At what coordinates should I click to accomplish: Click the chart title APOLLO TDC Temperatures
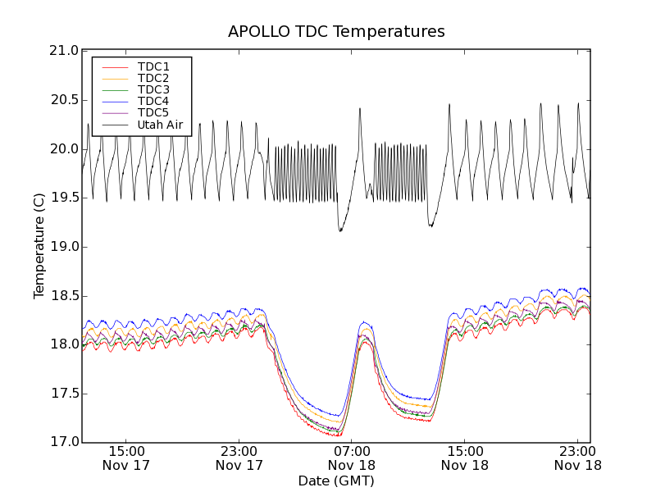[336, 32]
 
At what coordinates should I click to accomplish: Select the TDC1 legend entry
[153, 66]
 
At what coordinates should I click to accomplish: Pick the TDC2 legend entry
[153, 78]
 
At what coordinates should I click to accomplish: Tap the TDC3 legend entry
[153, 89]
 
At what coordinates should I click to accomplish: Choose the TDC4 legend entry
[153, 101]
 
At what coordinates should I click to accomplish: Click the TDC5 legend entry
[153, 112]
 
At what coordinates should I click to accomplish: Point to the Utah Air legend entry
[160, 125]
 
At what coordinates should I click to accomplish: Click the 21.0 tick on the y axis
[64, 51]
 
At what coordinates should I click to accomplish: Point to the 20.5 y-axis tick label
[64, 100]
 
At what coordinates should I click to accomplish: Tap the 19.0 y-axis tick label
[64, 247]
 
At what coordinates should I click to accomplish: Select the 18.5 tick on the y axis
[64, 296]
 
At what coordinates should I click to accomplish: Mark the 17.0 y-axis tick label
[64, 443]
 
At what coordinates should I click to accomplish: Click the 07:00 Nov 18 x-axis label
[352, 458]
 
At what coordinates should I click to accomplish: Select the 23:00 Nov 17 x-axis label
[239, 458]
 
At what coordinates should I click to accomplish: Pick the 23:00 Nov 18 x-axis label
[577, 458]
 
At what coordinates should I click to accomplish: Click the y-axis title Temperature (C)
[39, 246]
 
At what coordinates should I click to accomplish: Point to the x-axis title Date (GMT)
[336, 481]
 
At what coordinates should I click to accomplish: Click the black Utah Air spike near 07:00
[359, 110]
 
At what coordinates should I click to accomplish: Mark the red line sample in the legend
[114, 66]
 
